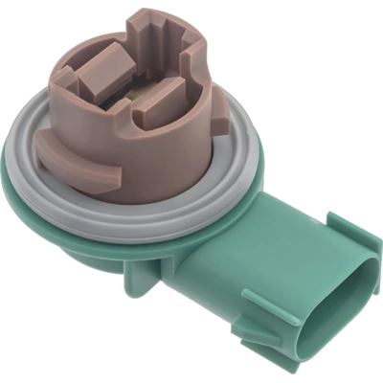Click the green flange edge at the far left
[x=11, y=172]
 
